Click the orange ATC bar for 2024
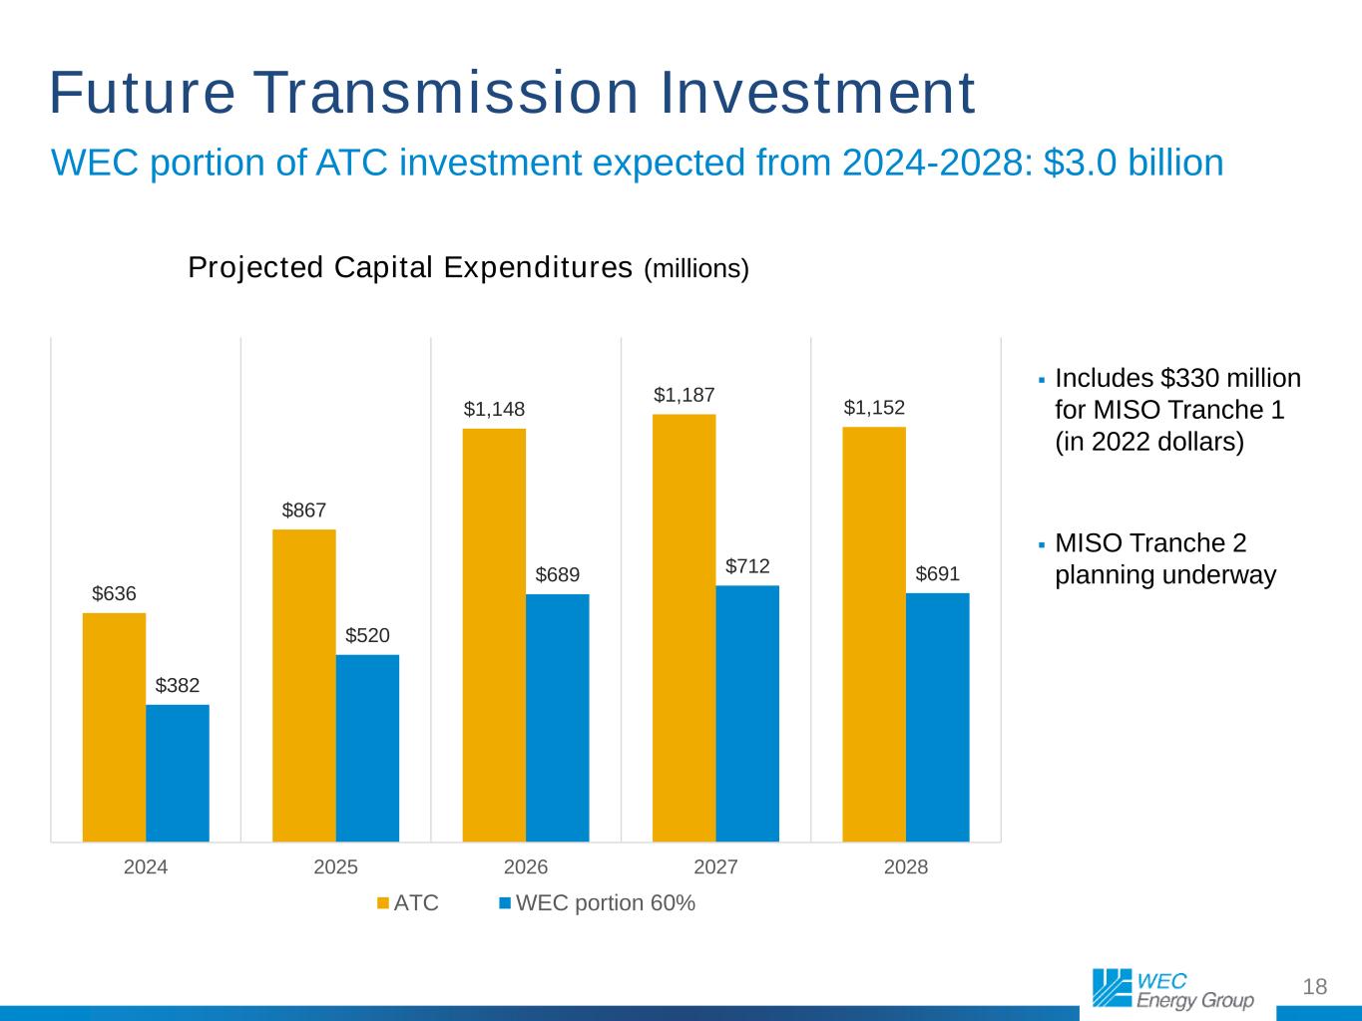click(x=114, y=727)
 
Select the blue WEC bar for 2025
click(x=367, y=748)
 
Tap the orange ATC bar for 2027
click(x=683, y=627)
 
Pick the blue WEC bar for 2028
click(x=937, y=717)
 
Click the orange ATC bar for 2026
click(x=494, y=634)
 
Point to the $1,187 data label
click(x=683, y=396)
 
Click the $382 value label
click(x=178, y=686)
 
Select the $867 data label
click(x=303, y=510)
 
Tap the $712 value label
click(x=747, y=566)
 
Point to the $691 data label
click(x=937, y=574)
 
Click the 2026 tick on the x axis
click(x=526, y=867)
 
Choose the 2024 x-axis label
click(x=146, y=867)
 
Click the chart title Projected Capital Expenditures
click(x=410, y=268)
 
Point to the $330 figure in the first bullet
click(x=1183, y=379)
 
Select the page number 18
click(x=1315, y=987)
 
